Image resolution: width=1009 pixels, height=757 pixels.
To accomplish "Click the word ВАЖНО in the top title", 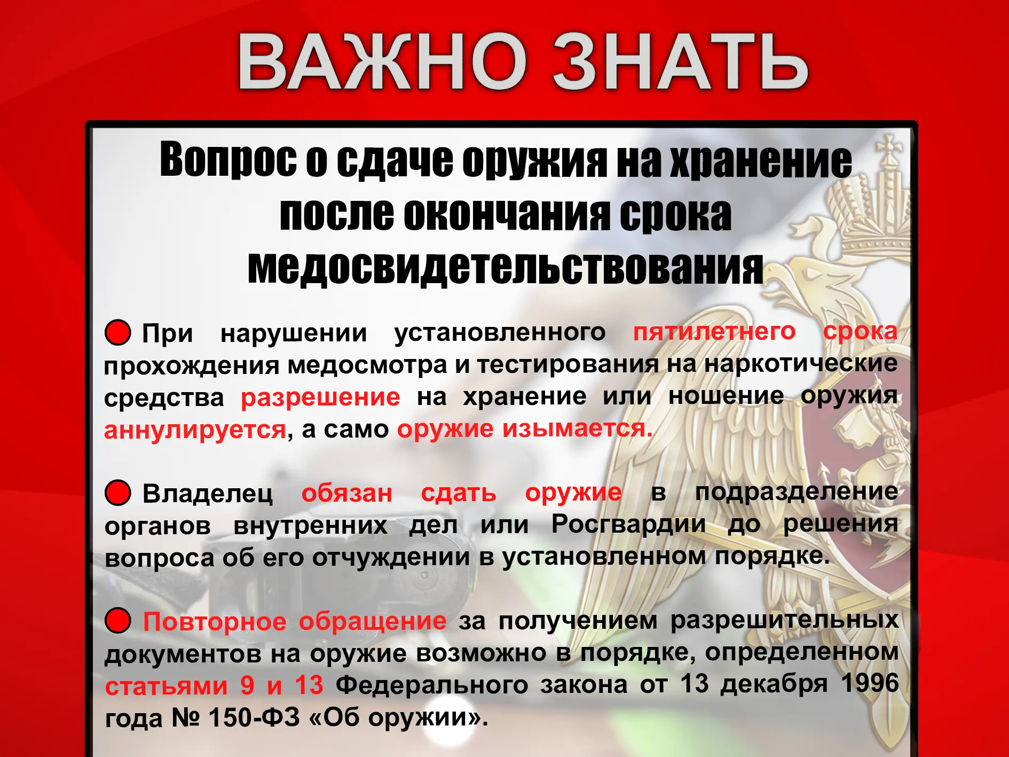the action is point(382,61).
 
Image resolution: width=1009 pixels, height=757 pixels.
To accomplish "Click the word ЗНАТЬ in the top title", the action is point(680,61).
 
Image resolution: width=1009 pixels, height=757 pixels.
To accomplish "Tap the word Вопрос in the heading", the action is point(228,160).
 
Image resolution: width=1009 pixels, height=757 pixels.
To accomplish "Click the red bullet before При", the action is point(118,332).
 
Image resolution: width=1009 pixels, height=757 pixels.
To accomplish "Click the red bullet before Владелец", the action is point(118,492).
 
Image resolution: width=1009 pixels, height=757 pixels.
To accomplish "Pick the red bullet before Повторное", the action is point(118,620).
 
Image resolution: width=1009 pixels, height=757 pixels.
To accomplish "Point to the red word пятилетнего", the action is point(714,332).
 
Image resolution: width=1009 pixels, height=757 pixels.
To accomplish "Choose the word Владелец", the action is point(208,493).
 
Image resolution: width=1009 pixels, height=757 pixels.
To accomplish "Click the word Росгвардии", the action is point(628,524).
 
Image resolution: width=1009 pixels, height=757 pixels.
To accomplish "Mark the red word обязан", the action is point(347,493).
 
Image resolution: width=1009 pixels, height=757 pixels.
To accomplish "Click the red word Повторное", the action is point(215,621).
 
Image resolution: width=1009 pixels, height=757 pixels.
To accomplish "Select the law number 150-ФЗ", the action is point(254,717).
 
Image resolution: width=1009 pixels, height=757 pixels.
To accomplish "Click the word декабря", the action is point(774,684).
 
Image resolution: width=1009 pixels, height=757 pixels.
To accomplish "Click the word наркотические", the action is point(801,364).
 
